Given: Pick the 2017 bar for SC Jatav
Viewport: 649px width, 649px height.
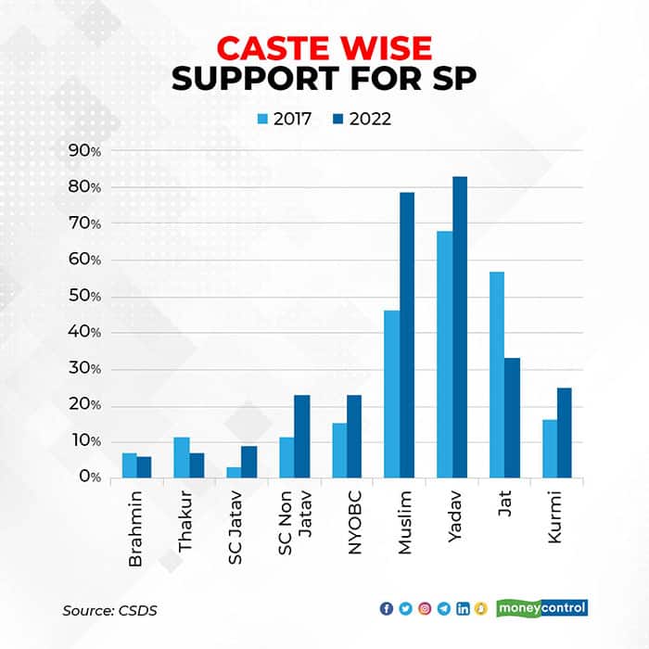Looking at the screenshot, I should coord(235,473).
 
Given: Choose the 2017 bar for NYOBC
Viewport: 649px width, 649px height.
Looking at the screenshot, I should coord(340,451).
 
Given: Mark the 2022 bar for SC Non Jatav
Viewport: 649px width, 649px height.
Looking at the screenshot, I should coord(301,437).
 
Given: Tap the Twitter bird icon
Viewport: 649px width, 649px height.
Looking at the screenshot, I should coord(405,608).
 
